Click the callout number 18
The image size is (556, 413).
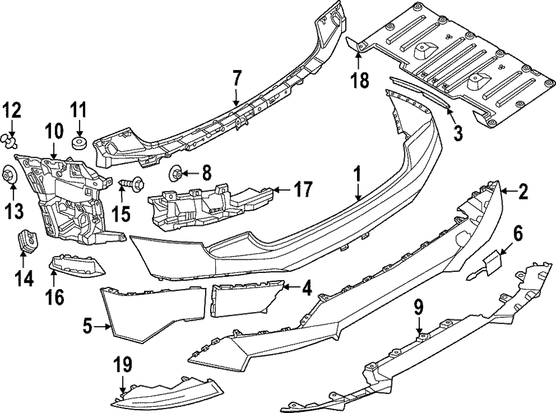[360, 81]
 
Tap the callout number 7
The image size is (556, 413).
[237, 78]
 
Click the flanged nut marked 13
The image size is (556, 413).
[9, 175]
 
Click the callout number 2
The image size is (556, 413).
[523, 193]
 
